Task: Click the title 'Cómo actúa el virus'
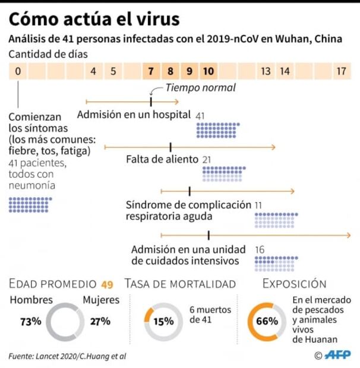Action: (x=94, y=19)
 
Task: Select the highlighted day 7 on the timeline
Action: (x=151, y=71)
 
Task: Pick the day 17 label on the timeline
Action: (x=341, y=71)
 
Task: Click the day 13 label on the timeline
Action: (x=266, y=71)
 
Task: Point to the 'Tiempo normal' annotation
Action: (x=200, y=88)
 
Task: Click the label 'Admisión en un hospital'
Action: (x=134, y=114)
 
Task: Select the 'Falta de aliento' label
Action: (x=162, y=159)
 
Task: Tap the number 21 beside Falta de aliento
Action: (x=207, y=159)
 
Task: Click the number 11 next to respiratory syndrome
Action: (x=258, y=205)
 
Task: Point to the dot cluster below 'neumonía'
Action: (x=30, y=204)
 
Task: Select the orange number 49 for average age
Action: (x=107, y=284)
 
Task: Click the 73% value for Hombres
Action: (x=30, y=321)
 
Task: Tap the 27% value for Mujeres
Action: (x=100, y=321)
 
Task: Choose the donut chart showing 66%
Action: (x=267, y=321)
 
